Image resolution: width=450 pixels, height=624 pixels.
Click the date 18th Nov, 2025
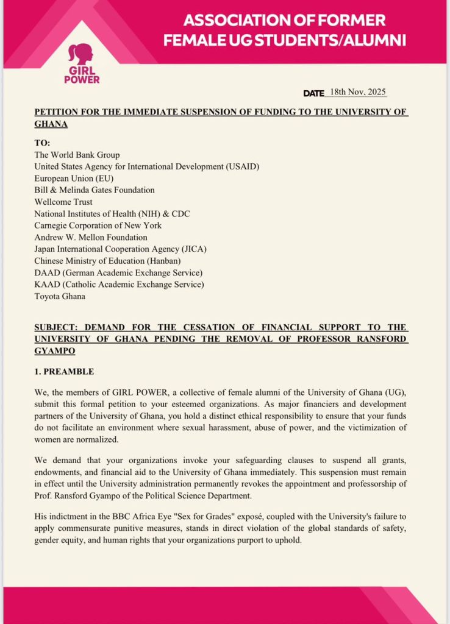[357, 92]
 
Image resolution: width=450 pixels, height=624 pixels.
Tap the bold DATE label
[313, 93]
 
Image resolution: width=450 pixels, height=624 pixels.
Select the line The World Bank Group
[77, 155]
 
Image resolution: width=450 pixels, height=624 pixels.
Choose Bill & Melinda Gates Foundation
[95, 190]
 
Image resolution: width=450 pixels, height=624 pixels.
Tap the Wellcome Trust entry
[63, 202]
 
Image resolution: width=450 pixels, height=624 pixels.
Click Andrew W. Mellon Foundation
[90, 237]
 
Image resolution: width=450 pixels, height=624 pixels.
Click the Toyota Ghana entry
[60, 296]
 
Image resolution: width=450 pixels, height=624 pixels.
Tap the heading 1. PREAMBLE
[64, 371]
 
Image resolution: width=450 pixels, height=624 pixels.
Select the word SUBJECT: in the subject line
[57, 327]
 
